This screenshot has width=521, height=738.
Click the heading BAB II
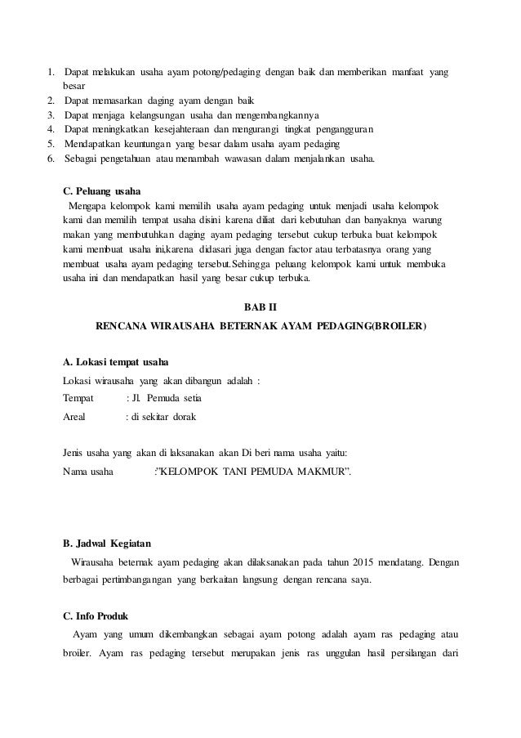[261, 306]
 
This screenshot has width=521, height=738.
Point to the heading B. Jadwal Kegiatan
[106, 543]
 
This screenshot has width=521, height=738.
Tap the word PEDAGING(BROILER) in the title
[372, 326]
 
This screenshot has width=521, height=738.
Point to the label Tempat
[78, 398]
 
